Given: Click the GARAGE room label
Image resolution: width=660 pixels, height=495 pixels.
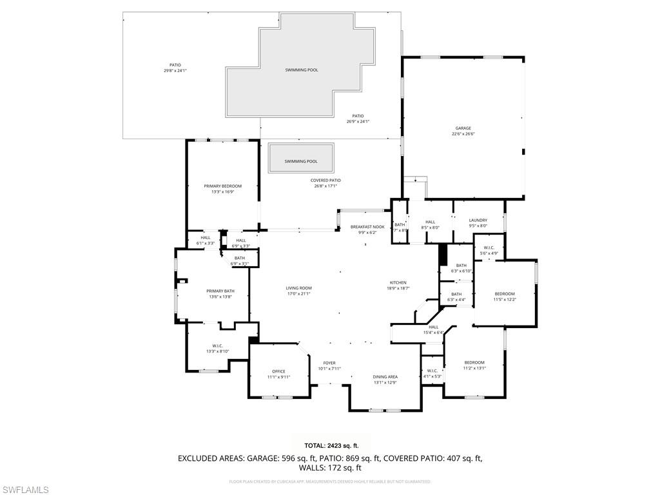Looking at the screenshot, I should (x=463, y=128).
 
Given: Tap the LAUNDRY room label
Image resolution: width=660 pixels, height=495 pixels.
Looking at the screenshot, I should (x=478, y=220).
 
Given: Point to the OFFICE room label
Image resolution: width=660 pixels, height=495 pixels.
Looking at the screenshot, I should (x=278, y=371).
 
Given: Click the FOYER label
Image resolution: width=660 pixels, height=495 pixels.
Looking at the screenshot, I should (x=329, y=363).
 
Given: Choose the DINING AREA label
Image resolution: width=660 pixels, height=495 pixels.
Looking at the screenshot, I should (x=385, y=376).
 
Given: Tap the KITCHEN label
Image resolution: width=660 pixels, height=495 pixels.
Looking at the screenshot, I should (x=398, y=283).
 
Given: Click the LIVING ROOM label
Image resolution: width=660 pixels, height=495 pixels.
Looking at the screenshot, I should (x=298, y=288).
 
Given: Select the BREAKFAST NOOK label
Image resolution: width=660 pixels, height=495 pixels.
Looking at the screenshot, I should (x=367, y=227).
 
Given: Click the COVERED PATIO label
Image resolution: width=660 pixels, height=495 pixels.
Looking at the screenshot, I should (x=325, y=180).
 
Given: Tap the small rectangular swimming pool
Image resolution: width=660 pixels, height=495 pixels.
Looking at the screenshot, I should (x=301, y=159).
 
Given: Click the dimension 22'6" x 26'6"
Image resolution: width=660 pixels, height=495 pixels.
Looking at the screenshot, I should (x=463, y=134).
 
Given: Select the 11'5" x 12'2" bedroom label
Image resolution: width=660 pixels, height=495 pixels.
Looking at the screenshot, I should (x=505, y=296).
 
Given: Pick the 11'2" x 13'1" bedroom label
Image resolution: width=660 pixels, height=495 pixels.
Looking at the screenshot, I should (x=474, y=365).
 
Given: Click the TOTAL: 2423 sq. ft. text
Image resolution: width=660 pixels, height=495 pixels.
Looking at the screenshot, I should (x=331, y=445).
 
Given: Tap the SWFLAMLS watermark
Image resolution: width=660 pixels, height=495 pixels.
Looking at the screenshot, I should (x=25, y=490).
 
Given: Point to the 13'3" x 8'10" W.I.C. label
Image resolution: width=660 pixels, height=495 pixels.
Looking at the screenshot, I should (x=217, y=348).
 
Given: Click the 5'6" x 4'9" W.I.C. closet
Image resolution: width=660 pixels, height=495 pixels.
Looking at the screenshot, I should (x=489, y=250).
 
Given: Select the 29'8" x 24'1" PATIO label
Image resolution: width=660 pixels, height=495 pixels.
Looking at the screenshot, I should (x=175, y=68).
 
